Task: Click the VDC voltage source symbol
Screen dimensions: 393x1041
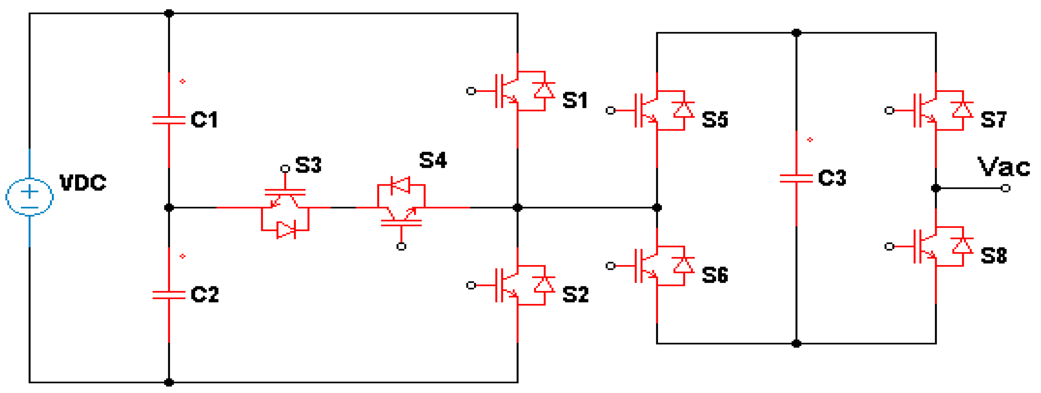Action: tap(30, 197)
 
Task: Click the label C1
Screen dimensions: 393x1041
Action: tap(204, 120)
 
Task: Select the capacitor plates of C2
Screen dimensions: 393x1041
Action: tap(169, 294)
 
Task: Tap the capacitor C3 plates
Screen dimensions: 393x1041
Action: tap(796, 178)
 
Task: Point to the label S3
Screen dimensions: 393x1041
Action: tap(308, 165)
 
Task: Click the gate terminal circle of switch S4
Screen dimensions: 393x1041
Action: tap(401, 246)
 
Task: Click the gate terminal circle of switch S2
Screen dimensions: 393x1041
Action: tap(471, 285)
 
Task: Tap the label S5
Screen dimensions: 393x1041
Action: tap(714, 120)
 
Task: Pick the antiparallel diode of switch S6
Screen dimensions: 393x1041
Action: tap(683, 266)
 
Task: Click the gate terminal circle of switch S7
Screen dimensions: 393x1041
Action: tap(889, 111)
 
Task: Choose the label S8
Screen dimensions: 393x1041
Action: tap(994, 256)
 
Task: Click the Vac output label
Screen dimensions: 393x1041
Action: tap(1004, 167)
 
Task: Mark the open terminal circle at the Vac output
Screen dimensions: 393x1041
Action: tap(1006, 188)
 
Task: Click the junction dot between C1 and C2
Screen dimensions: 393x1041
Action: tap(169, 208)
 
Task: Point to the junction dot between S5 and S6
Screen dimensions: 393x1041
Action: tap(657, 208)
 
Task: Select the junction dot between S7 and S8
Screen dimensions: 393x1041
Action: tap(936, 188)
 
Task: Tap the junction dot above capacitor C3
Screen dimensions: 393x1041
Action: tap(796, 33)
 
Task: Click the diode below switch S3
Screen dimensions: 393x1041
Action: tap(286, 230)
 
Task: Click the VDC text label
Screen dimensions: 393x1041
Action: tap(83, 183)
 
